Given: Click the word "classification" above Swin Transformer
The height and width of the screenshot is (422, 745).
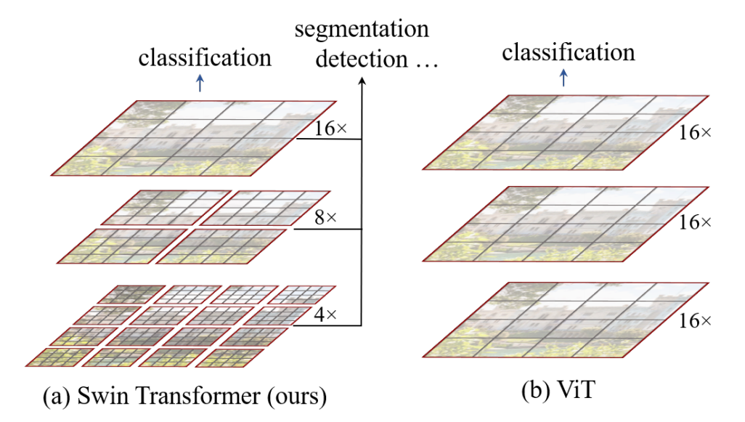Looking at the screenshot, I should point(205,57).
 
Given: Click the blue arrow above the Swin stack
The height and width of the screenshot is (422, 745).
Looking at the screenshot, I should point(201,84).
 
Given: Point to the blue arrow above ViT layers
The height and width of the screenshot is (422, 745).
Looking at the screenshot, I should point(563,78).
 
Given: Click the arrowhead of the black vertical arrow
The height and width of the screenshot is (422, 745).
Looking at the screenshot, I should point(361,82).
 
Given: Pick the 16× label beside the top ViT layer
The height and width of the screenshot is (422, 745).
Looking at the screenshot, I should point(696,133).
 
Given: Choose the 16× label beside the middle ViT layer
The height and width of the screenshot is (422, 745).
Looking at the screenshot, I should point(696,222).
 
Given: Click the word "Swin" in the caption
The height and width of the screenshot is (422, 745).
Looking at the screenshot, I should point(100,397).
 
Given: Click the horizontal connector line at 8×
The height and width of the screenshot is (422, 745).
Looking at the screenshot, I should point(327,230).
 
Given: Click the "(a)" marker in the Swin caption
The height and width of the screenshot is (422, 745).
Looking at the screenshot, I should point(56,397).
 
